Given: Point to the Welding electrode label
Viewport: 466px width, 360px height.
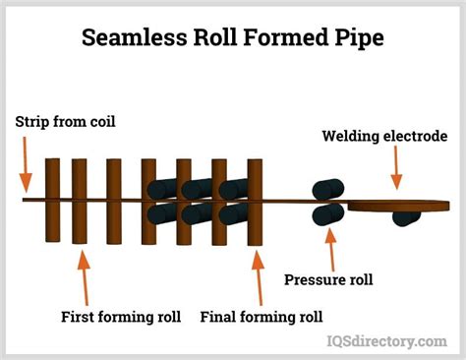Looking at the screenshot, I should tap(385, 136).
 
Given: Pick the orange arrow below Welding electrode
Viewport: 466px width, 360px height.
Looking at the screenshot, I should tap(396, 172).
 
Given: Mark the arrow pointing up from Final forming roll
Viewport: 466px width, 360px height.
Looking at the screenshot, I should tap(258, 276).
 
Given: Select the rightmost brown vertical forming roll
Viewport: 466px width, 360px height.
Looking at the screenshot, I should tap(256, 202).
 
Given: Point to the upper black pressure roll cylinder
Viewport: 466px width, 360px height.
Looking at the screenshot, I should tap(327, 190).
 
